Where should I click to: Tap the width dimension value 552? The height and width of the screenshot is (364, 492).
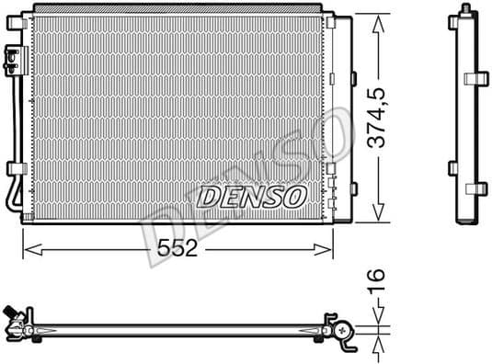pos(176,251)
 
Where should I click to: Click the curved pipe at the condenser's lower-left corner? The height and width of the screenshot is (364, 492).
pos(12,197)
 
